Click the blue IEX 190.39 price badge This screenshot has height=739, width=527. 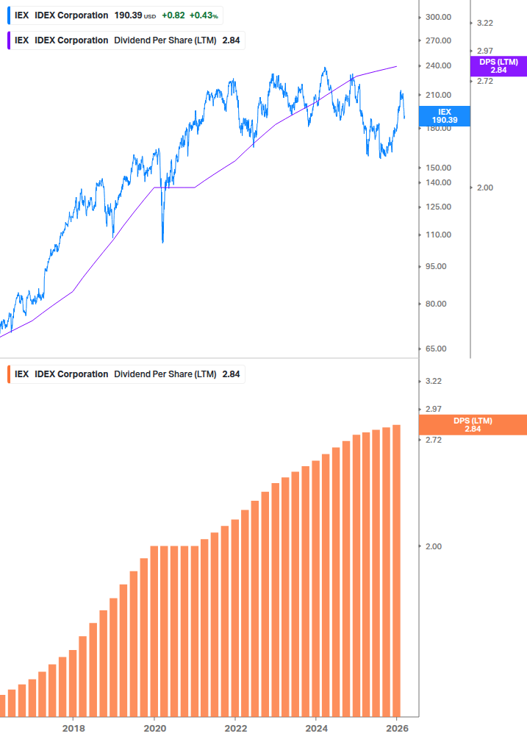click(444, 115)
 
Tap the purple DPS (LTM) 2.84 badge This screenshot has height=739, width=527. click(498, 65)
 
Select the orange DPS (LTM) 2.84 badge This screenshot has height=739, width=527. click(472, 424)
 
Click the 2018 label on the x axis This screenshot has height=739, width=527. click(73, 728)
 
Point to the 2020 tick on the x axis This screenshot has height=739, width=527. click(154, 728)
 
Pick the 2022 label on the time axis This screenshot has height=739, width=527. click(235, 728)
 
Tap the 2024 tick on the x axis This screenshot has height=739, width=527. click(315, 728)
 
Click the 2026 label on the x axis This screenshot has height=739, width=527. click(396, 728)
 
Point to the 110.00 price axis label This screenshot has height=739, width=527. click(438, 235)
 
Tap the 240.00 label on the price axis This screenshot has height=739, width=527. click(438, 65)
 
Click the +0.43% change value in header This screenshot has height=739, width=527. click(204, 15)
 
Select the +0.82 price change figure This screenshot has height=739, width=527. click(173, 15)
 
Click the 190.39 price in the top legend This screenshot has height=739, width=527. click(128, 15)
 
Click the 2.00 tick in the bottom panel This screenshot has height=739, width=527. click(434, 546)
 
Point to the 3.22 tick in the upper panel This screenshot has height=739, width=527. click(485, 23)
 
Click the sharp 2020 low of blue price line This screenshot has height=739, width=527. click(162, 241)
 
